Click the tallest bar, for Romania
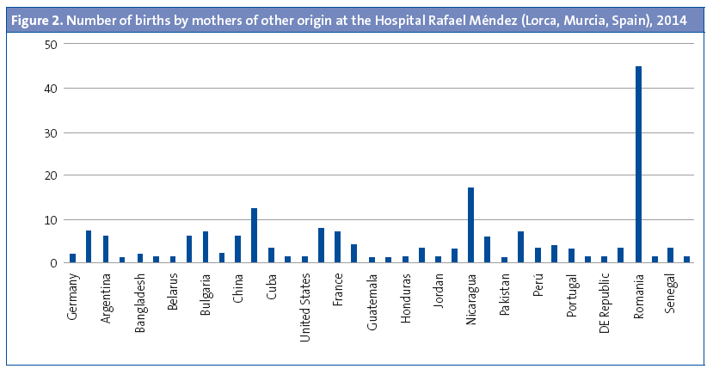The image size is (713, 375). click(x=638, y=164)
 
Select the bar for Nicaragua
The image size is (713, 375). click(x=470, y=225)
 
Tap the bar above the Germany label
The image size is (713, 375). click(x=72, y=258)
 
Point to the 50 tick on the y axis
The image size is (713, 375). click(x=53, y=44)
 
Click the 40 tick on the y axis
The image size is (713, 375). click(x=53, y=88)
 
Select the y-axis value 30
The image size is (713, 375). click(x=53, y=132)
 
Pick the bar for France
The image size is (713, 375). click(x=337, y=248)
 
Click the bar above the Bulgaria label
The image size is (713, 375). click(x=205, y=248)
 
